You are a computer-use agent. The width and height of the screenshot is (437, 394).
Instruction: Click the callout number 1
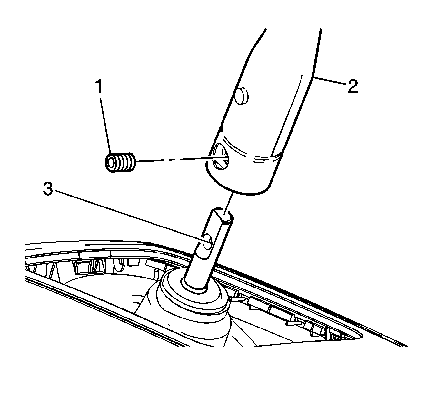[x=99, y=86]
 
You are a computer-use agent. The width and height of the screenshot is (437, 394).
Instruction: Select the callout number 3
[x=48, y=189]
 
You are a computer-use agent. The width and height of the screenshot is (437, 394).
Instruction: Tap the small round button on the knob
[x=241, y=96]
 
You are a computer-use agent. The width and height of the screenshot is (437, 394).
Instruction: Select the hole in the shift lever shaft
[x=207, y=242]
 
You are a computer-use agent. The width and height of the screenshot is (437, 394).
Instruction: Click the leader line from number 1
[x=106, y=126]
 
